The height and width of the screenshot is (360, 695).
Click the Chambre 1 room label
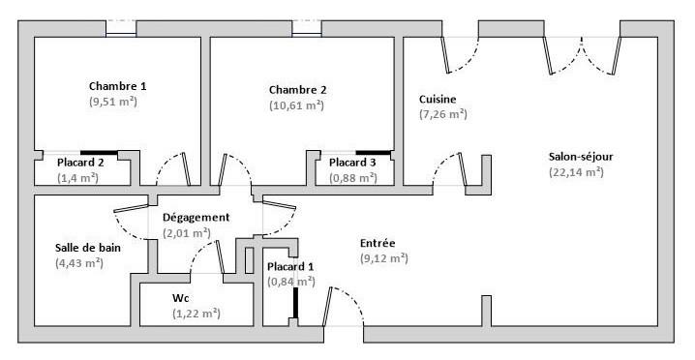[x=117, y=86]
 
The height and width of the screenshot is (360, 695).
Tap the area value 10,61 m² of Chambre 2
[x=296, y=105]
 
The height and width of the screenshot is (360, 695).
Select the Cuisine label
[x=438, y=100]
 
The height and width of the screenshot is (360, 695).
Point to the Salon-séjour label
[x=581, y=157]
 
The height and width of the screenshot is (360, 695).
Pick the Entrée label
[x=378, y=243]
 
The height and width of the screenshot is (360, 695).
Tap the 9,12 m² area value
[x=383, y=258]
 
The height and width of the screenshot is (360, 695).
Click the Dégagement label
[x=196, y=218]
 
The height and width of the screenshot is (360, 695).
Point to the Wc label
[x=181, y=298]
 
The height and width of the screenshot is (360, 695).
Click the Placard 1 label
[x=291, y=266]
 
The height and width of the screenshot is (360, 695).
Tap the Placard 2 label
[x=79, y=163]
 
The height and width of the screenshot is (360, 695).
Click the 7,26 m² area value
[x=443, y=114]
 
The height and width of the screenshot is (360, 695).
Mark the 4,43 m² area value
[x=79, y=262]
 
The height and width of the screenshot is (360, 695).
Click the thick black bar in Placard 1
[x=296, y=302]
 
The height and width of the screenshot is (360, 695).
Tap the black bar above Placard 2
[x=99, y=152]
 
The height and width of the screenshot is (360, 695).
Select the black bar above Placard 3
[x=374, y=152]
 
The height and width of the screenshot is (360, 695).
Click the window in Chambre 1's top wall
[x=120, y=28]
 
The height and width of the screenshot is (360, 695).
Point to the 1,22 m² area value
[x=196, y=314]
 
